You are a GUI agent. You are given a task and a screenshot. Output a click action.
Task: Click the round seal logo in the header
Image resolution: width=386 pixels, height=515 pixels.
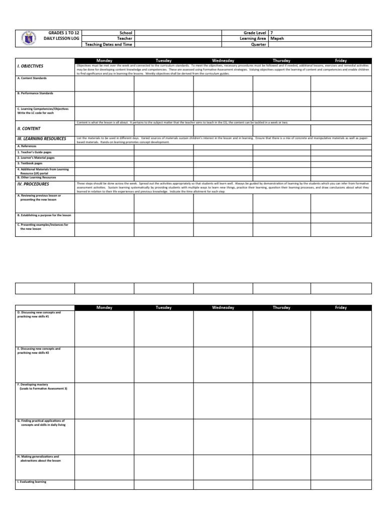(29, 38)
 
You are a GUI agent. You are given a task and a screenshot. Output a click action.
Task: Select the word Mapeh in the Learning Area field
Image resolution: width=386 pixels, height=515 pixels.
(277, 38)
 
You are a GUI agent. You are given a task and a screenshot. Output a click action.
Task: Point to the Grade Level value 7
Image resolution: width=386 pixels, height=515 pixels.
(272, 32)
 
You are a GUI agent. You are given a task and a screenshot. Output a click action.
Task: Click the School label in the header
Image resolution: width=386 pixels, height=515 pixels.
(126, 32)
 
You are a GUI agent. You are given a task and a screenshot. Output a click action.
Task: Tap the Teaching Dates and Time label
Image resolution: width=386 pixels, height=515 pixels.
(109, 44)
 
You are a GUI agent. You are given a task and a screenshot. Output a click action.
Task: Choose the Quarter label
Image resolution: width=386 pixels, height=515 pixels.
(258, 44)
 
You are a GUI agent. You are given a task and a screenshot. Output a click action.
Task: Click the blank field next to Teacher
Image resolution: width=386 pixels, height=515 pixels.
(178, 38)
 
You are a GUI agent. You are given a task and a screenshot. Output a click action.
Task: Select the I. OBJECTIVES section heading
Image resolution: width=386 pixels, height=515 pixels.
(30, 66)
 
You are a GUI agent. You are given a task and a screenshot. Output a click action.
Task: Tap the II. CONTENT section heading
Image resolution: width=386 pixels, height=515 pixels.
(29, 129)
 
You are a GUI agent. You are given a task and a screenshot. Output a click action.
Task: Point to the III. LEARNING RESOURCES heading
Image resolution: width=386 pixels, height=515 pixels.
(41, 138)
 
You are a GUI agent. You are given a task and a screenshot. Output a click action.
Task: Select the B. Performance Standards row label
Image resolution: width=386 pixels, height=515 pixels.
(35, 93)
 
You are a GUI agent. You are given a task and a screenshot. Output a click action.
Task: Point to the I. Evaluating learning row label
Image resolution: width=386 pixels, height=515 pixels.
(32, 482)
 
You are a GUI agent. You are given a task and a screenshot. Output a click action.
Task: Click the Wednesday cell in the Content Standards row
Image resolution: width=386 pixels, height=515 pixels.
(223, 83)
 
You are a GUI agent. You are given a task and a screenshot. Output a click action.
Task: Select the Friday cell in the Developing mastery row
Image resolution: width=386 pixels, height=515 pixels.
(341, 400)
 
